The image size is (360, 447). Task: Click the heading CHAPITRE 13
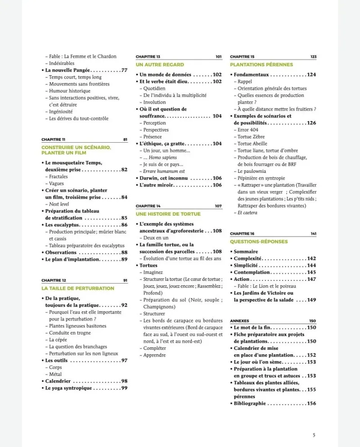point(148,57)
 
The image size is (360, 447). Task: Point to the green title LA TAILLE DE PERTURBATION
point(78,288)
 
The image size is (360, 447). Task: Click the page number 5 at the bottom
point(314,435)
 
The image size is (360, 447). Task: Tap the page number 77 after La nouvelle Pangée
point(124,70)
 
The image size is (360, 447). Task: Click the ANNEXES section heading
point(239,321)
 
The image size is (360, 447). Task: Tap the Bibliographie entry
point(250,403)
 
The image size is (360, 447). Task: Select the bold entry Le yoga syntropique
point(68,388)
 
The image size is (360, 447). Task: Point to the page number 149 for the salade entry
point(312,300)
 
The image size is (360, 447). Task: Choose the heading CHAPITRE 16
point(242,234)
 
